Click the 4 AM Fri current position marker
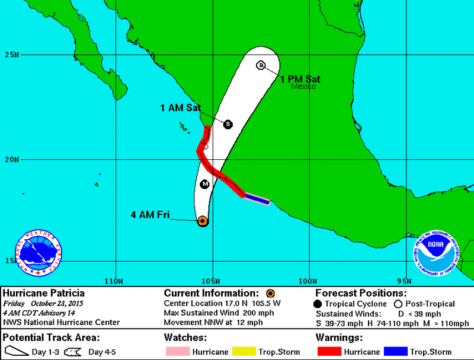(203, 221)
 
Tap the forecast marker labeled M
(205, 184)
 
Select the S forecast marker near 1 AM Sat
(228, 124)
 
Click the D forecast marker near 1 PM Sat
(261, 65)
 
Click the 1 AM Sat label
(180, 108)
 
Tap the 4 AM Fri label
(151, 215)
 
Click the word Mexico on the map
(303, 86)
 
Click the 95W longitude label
(404, 280)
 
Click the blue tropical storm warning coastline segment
(258, 200)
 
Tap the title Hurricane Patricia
(44, 293)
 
